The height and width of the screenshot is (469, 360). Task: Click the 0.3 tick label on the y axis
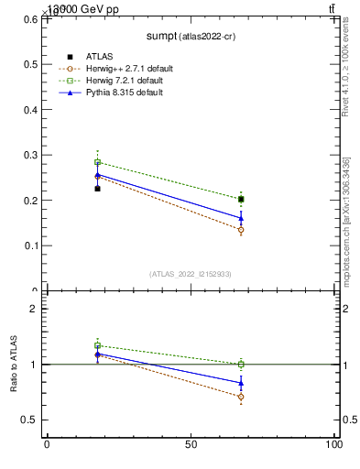coord(30,155)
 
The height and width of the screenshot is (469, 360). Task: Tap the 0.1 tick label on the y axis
coord(30,245)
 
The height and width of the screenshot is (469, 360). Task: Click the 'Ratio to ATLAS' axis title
coord(15,365)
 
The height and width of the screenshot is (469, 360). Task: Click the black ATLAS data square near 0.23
coord(97,189)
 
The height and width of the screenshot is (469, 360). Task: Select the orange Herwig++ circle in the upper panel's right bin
coord(241,230)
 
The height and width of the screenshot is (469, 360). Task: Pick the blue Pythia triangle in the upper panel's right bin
coord(241,218)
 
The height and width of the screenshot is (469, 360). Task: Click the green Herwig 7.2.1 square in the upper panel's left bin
coord(97,162)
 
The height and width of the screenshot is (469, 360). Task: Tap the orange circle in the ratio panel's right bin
coord(241,397)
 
